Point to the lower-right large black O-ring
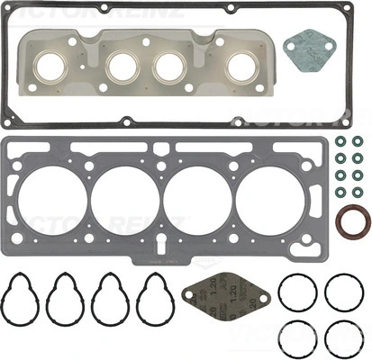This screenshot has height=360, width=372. pos(342,337)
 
